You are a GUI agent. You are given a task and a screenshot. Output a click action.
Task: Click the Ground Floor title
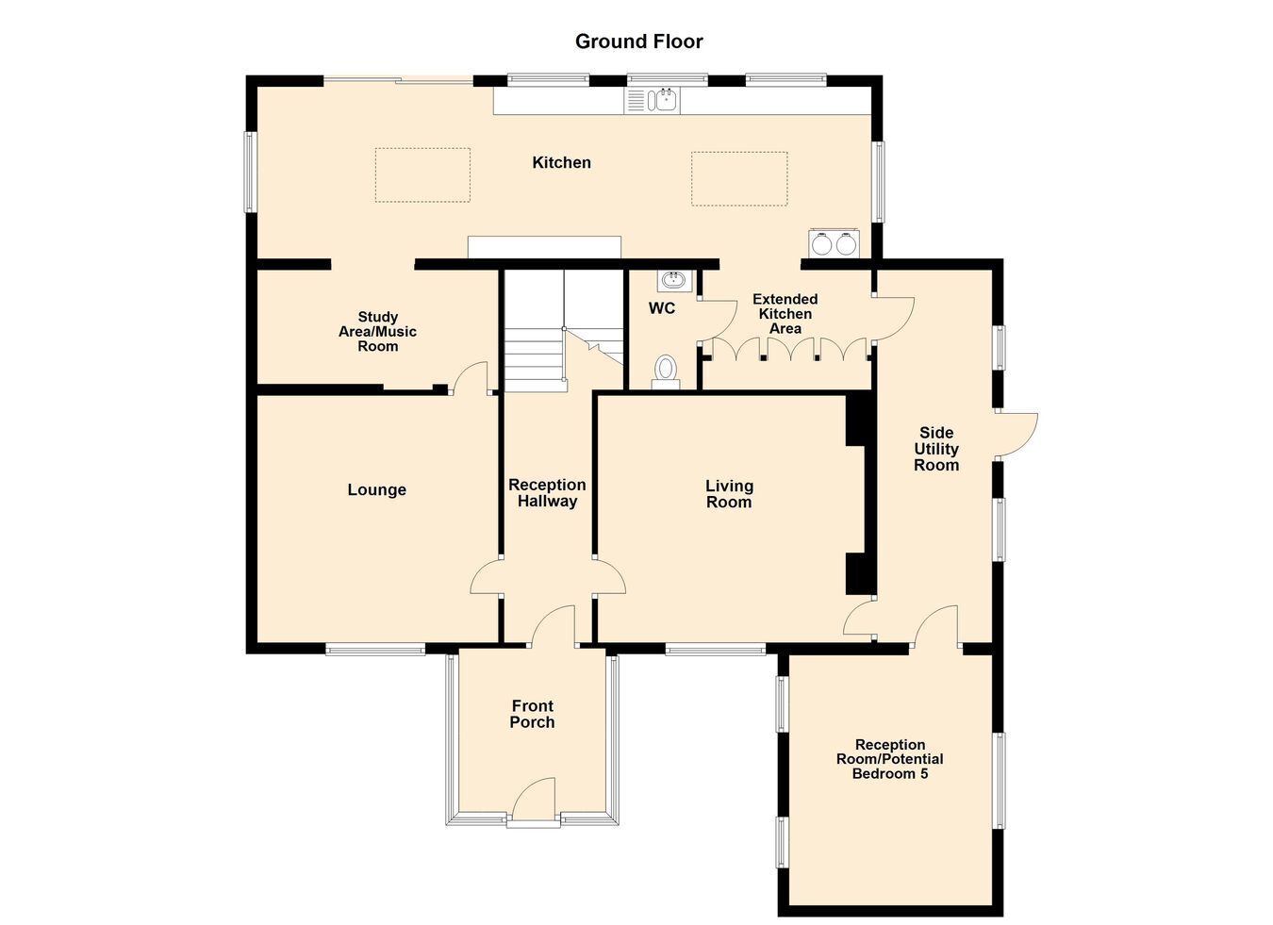tap(638, 41)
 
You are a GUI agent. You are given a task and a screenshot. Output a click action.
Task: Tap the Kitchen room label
tap(561, 162)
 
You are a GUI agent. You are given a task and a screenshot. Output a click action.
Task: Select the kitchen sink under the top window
tap(653, 101)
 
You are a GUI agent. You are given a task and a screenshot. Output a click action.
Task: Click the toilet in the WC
tap(666, 372)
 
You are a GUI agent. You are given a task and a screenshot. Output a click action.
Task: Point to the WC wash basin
tap(674, 280)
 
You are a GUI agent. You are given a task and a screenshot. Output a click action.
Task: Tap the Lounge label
tap(377, 489)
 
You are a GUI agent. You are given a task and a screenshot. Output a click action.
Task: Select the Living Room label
tap(729, 494)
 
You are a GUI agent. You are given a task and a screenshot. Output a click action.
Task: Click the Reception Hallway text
tap(547, 492)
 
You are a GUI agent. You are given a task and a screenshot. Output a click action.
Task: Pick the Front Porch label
tap(533, 714)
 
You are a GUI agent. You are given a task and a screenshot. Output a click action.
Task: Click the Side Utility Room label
tap(936, 449)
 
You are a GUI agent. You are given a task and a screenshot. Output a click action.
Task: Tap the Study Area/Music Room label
tap(377, 331)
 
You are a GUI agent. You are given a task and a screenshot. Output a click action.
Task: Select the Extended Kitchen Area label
tap(785, 314)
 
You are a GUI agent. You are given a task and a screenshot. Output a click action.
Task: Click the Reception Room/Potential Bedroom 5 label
tap(890, 759)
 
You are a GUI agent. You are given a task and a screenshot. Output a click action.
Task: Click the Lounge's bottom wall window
tap(375, 649)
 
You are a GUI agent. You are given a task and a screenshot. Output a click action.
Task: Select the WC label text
tap(662, 308)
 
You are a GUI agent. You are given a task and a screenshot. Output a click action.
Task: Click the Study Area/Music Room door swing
tap(470, 377)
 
